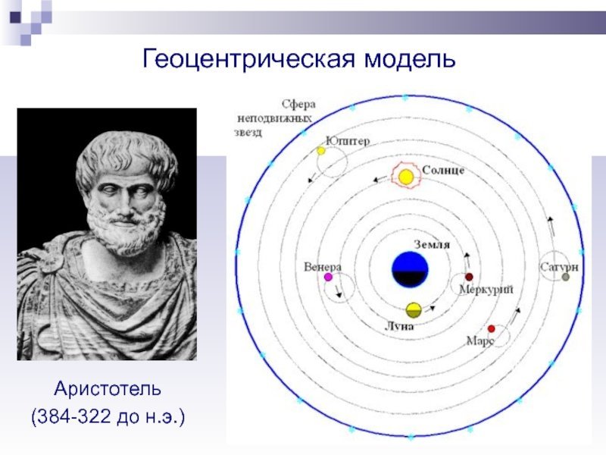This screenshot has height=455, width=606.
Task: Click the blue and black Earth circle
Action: [x=410, y=270]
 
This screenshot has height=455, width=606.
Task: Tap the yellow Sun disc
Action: [x=406, y=177]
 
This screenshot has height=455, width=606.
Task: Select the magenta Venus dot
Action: [x=328, y=277]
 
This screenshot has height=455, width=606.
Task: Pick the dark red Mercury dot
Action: [x=469, y=277]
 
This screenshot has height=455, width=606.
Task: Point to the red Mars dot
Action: [x=491, y=329]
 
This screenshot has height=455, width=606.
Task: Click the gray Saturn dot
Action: [x=565, y=277]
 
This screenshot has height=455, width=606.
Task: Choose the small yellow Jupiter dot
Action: [x=320, y=151]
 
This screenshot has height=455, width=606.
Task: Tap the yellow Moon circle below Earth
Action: [x=413, y=310]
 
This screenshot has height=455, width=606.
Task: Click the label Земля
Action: [x=432, y=245]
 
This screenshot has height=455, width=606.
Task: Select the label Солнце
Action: [x=443, y=170]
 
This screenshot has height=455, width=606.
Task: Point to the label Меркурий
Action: [x=486, y=290]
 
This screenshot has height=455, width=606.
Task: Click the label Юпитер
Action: [x=348, y=141]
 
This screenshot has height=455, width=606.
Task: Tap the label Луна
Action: [x=399, y=327]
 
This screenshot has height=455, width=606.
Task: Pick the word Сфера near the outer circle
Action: [x=298, y=105]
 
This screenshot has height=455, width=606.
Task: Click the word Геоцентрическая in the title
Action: [x=249, y=59]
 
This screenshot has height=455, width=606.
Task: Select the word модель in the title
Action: [x=410, y=59]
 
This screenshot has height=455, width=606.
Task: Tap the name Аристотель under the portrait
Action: [x=108, y=389]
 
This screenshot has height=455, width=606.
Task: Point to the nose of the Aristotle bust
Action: [x=124, y=205]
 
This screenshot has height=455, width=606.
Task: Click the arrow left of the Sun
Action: [x=380, y=179]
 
